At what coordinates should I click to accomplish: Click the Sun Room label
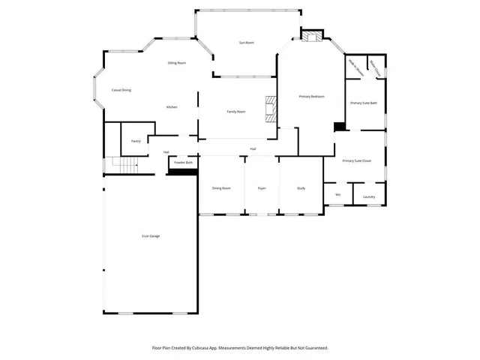click(246, 43)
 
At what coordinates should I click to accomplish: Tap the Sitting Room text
click(176, 63)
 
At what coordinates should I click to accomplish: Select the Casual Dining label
click(121, 90)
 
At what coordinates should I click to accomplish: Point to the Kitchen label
click(172, 107)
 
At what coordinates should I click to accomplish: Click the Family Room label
click(236, 111)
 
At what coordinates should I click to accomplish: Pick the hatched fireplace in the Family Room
click(271, 109)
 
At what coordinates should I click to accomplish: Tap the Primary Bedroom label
click(311, 97)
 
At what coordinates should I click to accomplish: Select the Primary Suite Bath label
click(364, 102)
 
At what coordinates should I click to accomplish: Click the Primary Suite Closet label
click(356, 161)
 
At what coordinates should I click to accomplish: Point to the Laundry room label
click(368, 196)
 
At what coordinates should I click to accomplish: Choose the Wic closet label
click(337, 194)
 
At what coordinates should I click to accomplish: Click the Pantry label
click(136, 141)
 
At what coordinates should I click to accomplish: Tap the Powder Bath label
click(183, 163)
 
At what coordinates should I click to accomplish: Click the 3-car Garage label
click(151, 236)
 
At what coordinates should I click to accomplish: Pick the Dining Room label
click(221, 188)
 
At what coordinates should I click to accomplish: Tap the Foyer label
click(262, 188)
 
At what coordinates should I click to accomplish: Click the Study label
click(301, 188)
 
